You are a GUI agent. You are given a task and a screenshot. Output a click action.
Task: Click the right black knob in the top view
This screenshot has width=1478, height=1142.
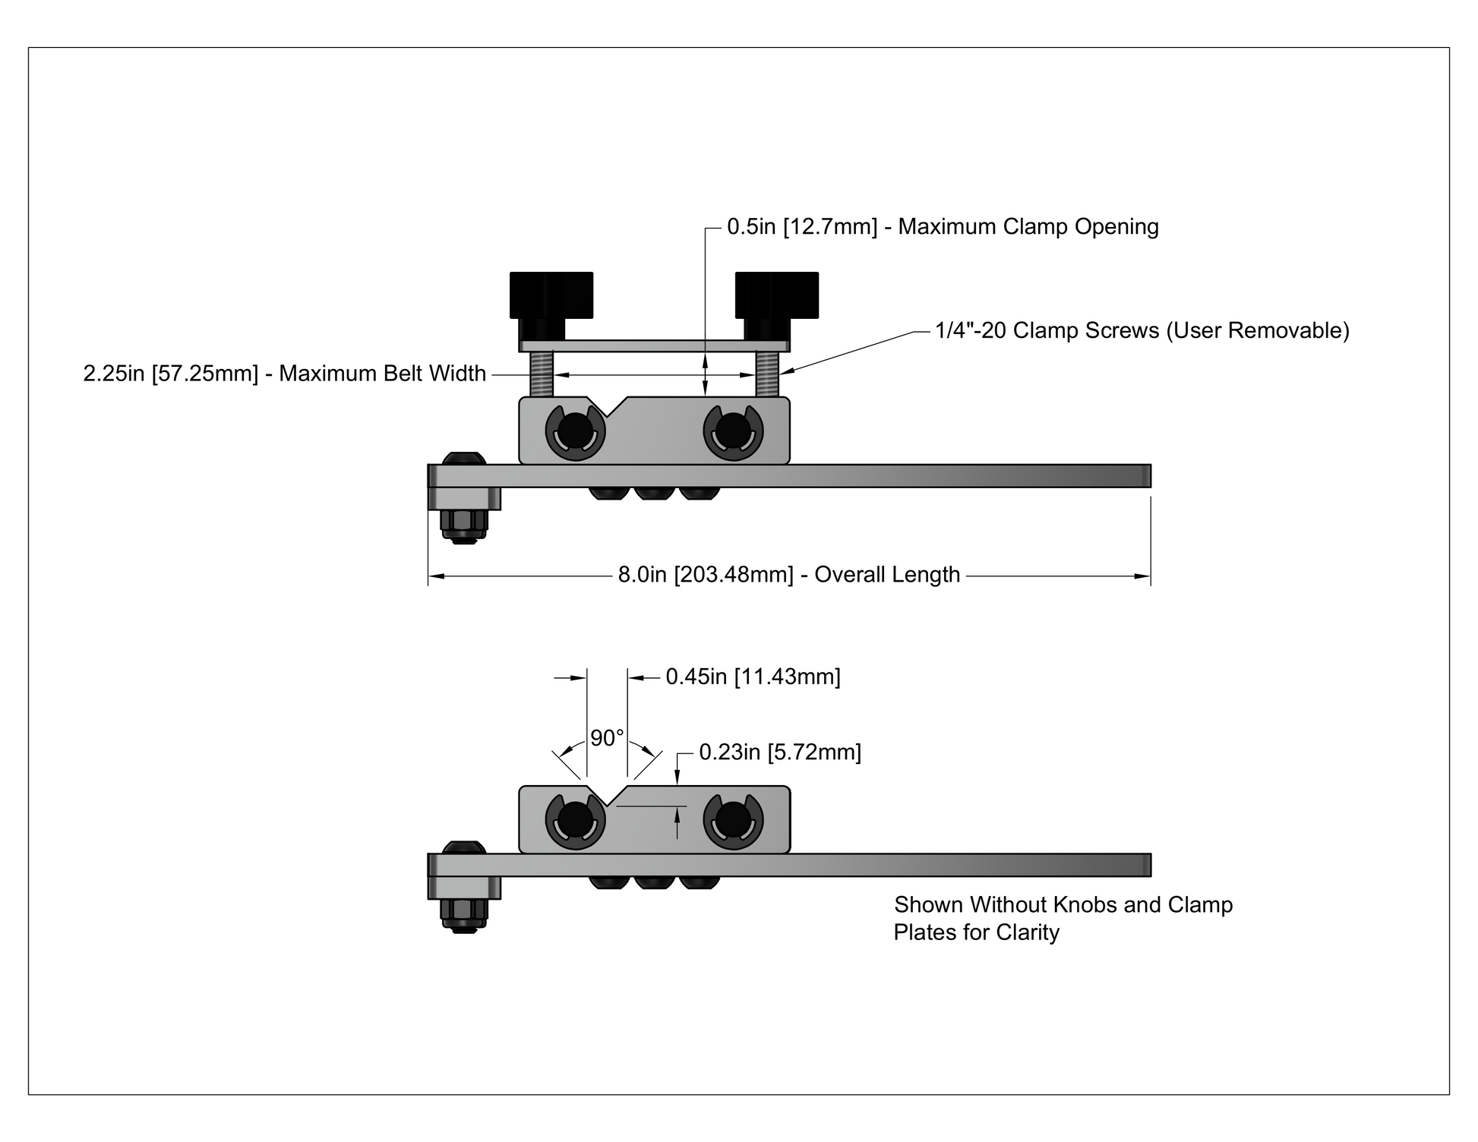pyautogui.click(x=776, y=295)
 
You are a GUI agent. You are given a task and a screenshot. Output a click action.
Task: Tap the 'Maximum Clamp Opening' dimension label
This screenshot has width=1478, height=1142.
pyautogui.click(x=943, y=227)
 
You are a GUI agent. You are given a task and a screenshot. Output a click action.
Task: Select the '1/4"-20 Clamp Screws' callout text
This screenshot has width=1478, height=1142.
pyautogui.click(x=1142, y=330)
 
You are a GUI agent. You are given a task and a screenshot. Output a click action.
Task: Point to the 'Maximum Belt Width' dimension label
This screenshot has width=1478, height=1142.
pyautogui.click(x=285, y=374)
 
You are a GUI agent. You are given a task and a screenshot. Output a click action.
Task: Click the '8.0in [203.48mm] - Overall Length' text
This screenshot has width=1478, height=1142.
pyautogui.click(x=789, y=575)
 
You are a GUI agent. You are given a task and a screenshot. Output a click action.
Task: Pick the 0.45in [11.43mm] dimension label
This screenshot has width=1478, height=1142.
pyautogui.click(x=753, y=677)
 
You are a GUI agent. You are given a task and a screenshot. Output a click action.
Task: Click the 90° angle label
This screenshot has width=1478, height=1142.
pyautogui.click(x=607, y=738)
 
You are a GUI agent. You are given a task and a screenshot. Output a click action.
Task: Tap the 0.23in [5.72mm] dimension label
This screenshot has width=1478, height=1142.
pyautogui.click(x=780, y=752)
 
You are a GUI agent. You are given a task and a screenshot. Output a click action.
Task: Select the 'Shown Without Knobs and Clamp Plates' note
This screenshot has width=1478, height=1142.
pyautogui.click(x=1063, y=918)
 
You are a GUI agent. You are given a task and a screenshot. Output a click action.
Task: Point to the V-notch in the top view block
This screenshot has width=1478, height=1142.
pyautogui.click(x=607, y=407)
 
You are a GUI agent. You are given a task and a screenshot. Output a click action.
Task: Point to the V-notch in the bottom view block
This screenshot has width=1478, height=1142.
pyautogui.click(x=607, y=796)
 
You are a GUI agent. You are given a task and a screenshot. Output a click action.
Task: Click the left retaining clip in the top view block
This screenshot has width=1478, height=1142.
pyautogui.click(x=576, y=433)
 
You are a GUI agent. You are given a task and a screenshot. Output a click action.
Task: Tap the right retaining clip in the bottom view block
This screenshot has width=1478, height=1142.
pyautogui.click(x=733, y=822)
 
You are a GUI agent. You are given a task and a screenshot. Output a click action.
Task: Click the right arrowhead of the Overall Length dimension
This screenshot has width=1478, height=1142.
pyautogui.click(x=1143, y=576)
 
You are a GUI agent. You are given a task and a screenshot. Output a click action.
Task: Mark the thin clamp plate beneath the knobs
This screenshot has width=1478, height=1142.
pyautogui.click(x=654, y=345)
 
